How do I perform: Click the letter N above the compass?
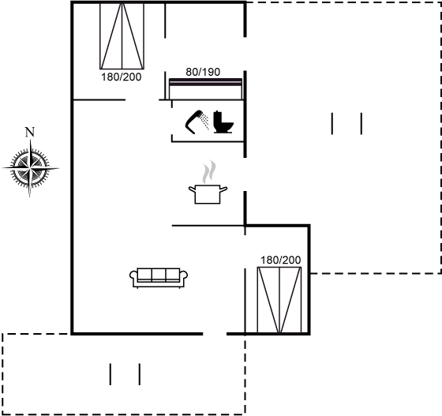tap(30, 132)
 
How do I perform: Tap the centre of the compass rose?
tap(30, 168)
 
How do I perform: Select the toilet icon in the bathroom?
tap(223, 122)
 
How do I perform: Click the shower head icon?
tap(197, 122)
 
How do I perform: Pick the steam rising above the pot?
tap(209, 172)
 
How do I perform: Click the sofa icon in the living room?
tap(159, 278)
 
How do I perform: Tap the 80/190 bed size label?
tap(203, 72)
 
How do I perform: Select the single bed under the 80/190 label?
tap(205, 88)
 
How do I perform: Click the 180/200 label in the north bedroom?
tap(122, 77)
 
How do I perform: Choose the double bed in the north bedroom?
tap(122, 36)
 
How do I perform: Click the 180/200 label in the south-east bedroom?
tap(280, 260)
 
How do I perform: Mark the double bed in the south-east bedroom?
tap(279, 300)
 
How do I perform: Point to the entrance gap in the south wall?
tap(215, 334)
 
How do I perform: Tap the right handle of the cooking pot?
tap(223, 189)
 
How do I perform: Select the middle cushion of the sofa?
tap(159, 274)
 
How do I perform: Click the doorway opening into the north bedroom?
tap(142, 99)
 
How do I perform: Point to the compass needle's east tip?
tap(59, 168)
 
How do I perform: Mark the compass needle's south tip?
tap(30, 197)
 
